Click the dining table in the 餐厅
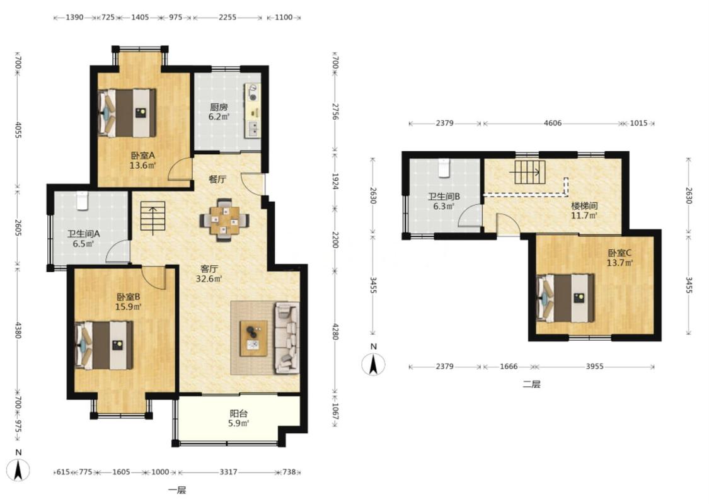coord(224,220)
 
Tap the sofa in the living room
coord(287,338)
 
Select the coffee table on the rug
coord(254,338)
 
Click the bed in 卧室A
coord(127,113)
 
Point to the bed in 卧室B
coord(104,345)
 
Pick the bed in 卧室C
coord(565,298)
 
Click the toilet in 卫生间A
coord(82,201)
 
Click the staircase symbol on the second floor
coord(530,172)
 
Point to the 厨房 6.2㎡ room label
coord(219,112)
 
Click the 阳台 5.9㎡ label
coord(239,418)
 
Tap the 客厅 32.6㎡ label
coord(209,273)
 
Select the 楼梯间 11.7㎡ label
coord(584,210)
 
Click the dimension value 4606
coord(553,123)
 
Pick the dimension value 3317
coord(228,472)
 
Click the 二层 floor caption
coord(531,385)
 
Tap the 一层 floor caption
coord(177,490)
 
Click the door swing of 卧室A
coord(180,169)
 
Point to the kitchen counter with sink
coord(252,111)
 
